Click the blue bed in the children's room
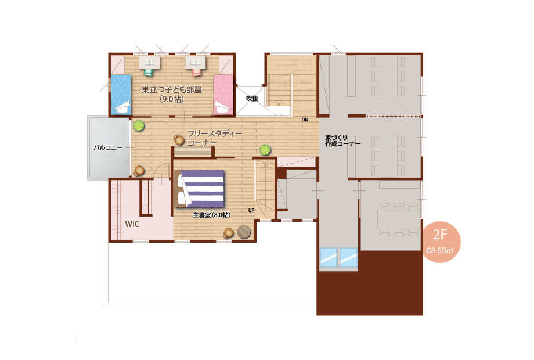pos(121,95)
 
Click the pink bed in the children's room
pos(223,95)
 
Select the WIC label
pos(132,224)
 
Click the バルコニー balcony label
pos(108,148)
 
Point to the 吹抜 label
pos(252,99)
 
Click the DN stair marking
pos(305,120)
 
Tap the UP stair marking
pos(251,210)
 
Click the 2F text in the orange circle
pos(439,235)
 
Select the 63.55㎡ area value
pos(439,250)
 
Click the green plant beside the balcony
pos(139,125)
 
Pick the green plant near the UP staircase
pos(265,150)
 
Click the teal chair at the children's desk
pos(149,72)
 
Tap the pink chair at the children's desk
pos(197,72)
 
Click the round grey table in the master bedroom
pos(244,232)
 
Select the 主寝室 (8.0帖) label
pos(211,215)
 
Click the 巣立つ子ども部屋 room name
pos(172,89)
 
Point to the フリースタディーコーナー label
pos(215,138)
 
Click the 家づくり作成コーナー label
pos(342,141)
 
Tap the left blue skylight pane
pos(329,257)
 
